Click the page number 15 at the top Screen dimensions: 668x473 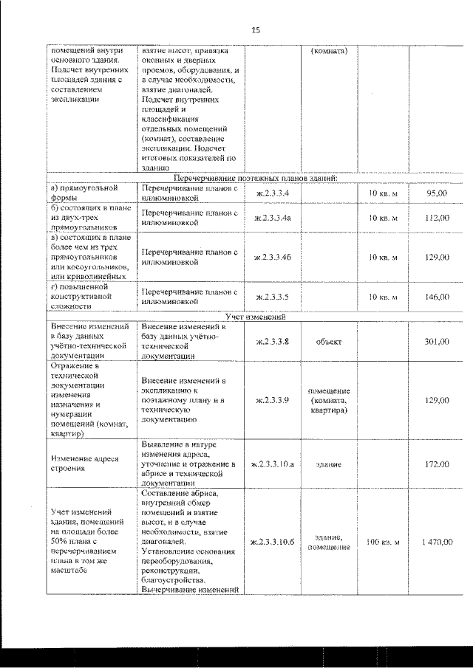tap(256, 30)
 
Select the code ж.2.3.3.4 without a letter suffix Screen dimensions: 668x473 tap(271, 193)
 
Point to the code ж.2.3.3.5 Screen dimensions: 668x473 tap(271, 297)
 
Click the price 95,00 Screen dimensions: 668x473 tap(438, 193)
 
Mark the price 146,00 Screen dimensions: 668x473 tap(437, 297)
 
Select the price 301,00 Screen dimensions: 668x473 tap(437, 342)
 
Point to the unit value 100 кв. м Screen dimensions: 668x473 tap(383, 543)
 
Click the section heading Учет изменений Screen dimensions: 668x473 tap(256, 317)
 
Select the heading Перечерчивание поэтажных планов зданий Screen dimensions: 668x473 tap(256, 179)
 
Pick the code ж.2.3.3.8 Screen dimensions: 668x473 tap(271, 342)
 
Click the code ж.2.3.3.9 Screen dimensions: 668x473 tap(271, 400)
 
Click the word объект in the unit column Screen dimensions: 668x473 tap(327, 342)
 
